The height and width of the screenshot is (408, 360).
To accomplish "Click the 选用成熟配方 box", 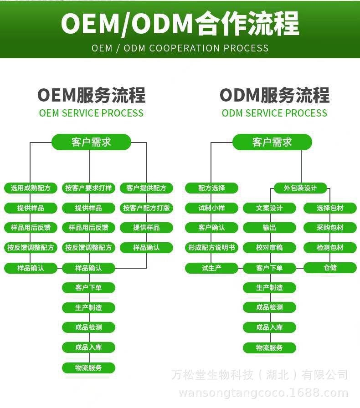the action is (x=31, y=188).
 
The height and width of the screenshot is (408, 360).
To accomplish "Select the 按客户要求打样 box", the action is (x=88, y=188).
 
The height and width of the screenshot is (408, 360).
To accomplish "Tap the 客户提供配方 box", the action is (x=146, y=188).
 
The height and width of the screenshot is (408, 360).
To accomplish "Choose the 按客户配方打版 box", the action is (x=146, y=208).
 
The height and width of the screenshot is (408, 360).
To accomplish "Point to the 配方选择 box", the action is (x=211, y=188).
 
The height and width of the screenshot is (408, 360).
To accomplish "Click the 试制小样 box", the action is (x=211, y=208).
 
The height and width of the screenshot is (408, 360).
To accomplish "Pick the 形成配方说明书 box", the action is (x=211, y=248).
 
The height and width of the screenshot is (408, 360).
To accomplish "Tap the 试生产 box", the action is (x=211, y=268).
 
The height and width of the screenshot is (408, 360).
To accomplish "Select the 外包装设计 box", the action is (x=300, y=188).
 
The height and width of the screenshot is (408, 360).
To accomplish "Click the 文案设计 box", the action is (x=269, y=208).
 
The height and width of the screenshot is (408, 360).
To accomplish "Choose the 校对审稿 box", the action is (x=269, y=248).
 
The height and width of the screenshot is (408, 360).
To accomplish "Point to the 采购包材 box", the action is (x=330, y=228).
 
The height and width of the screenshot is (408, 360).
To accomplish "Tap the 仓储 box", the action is (x=330, y=268).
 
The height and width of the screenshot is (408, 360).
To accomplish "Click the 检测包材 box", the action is (x=330, y=248).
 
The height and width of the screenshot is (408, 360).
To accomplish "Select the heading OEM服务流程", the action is (x=91, y=96).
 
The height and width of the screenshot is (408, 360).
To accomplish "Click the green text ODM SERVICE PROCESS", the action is (x=274, y=113).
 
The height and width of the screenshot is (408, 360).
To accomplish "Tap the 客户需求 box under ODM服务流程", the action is (x=272, y=142).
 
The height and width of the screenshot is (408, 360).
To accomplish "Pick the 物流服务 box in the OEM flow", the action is (x=88, y=367).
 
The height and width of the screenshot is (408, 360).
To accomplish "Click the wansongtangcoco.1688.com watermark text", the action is (x=263, y=393).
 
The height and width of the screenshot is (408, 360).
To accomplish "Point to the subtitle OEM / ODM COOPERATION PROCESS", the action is (x=180, y=48).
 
